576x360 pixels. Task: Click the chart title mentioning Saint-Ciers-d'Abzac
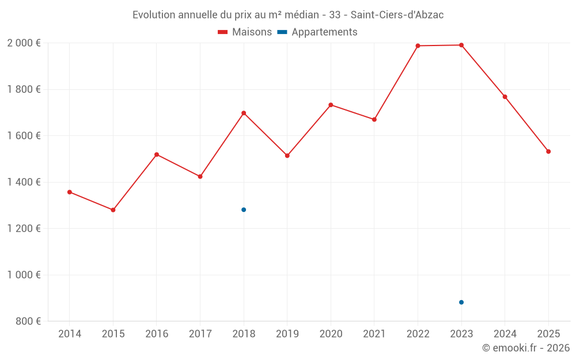click(288, 14)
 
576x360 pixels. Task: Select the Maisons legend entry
click(245, 32)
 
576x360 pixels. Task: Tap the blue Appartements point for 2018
click(244, 210)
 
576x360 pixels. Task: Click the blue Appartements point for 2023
click(461, 302)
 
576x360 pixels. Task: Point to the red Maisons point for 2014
click(70, 192)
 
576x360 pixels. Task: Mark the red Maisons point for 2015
click(113, 210)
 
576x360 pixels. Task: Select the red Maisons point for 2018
click(244, 113)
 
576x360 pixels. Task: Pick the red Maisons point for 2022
click(418, 46)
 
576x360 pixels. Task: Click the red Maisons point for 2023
click(461, 45)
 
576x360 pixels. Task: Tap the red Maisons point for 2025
click(548, 151)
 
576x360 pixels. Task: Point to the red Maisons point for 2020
click(331, 105)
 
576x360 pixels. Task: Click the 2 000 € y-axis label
click(24, 43)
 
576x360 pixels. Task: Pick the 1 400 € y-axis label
click(24, 182)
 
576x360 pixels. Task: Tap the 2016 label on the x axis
click(157, 334)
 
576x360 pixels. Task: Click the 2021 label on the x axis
click(374, 334)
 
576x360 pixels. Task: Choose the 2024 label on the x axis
click(505, 334)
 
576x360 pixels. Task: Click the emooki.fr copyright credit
click(525, 348)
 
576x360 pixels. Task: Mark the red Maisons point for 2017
click(200, 176)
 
